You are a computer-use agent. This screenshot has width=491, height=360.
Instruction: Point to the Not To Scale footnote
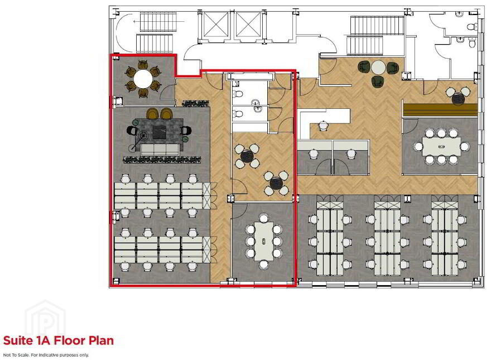point(46,355)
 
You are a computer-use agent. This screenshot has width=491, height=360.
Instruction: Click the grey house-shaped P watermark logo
point(46,318)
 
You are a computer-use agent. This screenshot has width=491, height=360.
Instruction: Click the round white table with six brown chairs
point(142,79)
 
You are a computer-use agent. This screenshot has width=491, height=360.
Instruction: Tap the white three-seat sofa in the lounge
point(160,150)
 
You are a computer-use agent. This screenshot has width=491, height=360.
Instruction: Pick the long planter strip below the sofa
point(162,160)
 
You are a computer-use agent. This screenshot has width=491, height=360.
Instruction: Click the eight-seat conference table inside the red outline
point(264,241)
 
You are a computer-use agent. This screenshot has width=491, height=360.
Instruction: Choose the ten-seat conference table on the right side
point(441,146)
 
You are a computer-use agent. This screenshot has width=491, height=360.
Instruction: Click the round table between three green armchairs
point(378,68)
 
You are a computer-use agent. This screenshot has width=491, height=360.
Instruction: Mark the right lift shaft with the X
point(248,25)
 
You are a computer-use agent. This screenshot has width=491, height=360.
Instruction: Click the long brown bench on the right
point(440,109)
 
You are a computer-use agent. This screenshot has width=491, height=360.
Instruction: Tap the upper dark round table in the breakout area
point(247,155)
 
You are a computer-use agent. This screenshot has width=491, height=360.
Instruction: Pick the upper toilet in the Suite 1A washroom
point(238,93)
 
